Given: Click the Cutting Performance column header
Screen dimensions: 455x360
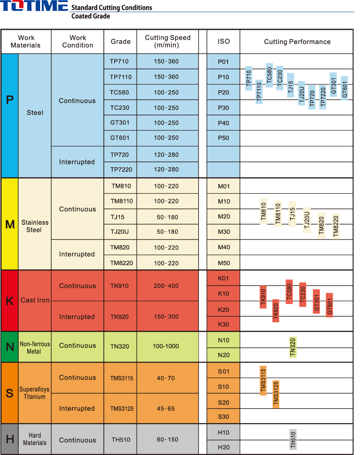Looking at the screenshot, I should coord(297,42).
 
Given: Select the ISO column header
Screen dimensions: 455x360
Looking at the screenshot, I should coord(223,41).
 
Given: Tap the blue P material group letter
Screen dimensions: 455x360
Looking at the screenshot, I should coord(10,100).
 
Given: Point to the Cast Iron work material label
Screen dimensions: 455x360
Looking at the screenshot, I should coord(35,300).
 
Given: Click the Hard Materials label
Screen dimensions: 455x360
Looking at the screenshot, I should coord(35,439).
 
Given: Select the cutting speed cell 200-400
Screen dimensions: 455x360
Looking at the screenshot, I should coord(166,286).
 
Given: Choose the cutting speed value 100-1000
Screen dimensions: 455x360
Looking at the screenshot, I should coord(166,346).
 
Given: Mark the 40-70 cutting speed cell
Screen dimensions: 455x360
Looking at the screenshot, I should coord(166,378).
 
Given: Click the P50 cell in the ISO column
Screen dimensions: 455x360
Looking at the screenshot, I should coord(223,138).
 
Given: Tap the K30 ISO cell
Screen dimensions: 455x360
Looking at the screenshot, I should coord(223,324).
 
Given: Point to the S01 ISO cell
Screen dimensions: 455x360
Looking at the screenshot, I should coord(223,371).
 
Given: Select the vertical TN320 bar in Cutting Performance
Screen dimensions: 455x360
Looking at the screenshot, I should coord(293,347).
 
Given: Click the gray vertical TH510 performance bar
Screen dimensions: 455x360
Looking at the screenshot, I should coord(293,439).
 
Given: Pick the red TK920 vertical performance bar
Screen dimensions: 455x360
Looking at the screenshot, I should coord(276,311).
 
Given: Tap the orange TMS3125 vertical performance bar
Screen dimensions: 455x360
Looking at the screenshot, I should coord(276,395).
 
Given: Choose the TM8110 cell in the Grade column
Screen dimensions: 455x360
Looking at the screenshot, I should coord(122,201).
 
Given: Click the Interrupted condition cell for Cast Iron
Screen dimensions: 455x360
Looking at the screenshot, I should coord(77,317).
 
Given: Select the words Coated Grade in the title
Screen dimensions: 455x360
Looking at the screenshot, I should coord(91,16).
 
